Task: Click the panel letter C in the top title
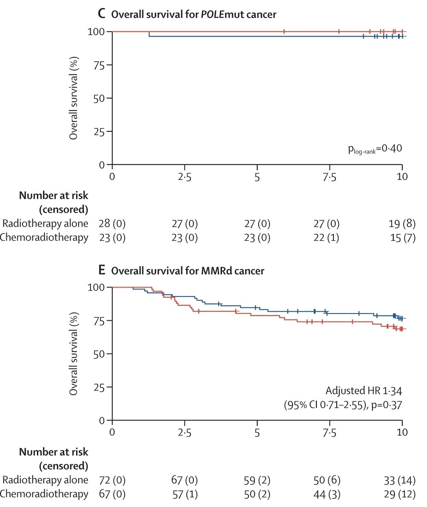101,14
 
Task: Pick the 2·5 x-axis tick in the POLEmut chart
184,176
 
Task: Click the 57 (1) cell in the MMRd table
184,494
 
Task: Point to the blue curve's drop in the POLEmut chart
149,34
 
